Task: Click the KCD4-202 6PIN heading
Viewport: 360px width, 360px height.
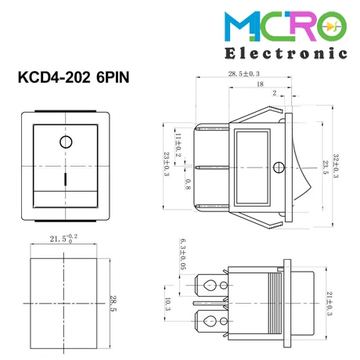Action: coord(74,77)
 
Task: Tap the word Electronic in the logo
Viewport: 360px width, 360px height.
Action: coord(286,53)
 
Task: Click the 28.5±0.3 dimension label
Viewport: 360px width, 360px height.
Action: coord(244,74)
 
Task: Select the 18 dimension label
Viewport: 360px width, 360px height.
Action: coord(260,85)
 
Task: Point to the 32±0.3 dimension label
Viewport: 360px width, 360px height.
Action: coord(336,166)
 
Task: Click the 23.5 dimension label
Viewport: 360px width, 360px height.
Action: coord(326,167)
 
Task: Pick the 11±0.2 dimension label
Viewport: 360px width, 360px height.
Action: coord(178,145)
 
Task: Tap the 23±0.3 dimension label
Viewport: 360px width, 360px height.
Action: coord(167,164)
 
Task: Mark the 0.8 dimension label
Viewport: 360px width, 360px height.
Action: coord(188,185)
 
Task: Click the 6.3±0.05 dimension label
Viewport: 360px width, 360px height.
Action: coord(183,254)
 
